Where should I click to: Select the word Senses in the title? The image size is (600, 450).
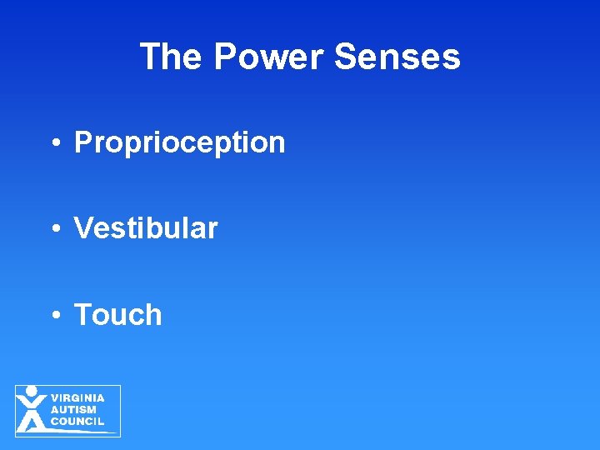click(x=397, y=57)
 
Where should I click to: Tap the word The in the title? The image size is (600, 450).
click(x=171, y=57)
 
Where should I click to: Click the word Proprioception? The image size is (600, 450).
click(x=179, y=142)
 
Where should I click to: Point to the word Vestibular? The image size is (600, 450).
click(x=146, y=228)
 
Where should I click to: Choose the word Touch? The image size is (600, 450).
click(x=117, y=315)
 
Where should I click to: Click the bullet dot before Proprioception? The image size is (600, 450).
click(x=54, y=144)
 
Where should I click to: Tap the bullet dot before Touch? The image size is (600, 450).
click(x=54, y=317)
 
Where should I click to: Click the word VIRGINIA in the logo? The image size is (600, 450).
click(x=77, y=398)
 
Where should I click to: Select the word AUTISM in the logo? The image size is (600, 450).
click(x=73, y=410)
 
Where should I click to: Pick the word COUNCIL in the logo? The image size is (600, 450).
click(x=77, y=422)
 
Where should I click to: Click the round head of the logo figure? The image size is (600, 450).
click(x=32, y=391)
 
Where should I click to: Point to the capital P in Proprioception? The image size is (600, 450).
click(x=83, y=142)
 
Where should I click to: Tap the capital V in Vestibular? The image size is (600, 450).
click(x=83, y=228)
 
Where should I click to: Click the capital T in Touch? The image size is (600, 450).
click(x=83, y=315)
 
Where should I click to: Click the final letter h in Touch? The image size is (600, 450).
click(x=153, y=315)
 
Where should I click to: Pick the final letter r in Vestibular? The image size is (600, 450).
click(x=213, y=230)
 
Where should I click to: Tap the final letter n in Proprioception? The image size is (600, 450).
click(x=277, y=144)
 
